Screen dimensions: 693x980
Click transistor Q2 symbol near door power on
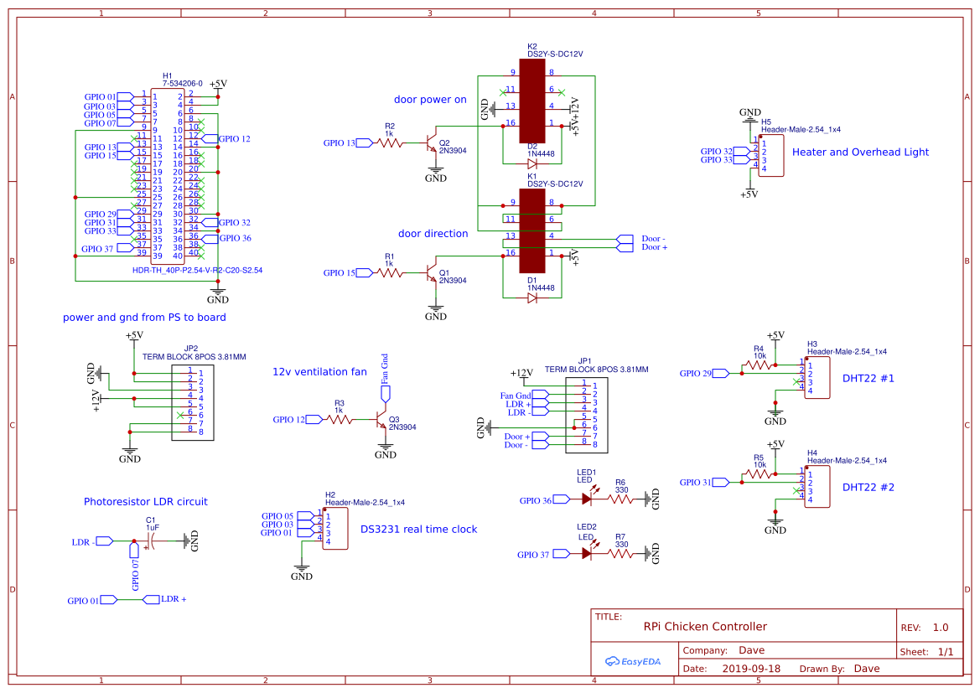click(x=433, y=140)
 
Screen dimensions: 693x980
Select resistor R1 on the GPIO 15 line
click(x=389, y=272)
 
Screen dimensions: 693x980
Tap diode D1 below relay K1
click(x=531, y=297)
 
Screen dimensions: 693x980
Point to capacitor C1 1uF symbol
click(x=150, y=541)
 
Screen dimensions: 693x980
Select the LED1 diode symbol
click(x=588, y=499)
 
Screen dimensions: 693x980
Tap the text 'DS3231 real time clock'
click(x=418, y=529)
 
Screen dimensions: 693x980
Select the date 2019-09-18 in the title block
click(x=750, y=669)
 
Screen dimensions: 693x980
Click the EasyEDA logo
click(x=633, y=661)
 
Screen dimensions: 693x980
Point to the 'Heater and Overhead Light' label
click(x=860, y=152)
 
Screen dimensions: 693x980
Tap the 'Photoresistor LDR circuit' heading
click(x=145, y=501)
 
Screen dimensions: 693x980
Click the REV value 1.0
click(x=940, y=628)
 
